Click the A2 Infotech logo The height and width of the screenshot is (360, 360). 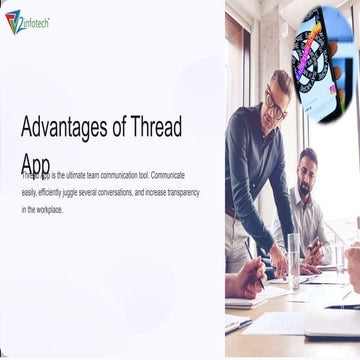click(27, 22)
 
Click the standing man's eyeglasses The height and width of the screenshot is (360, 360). click(275, 100)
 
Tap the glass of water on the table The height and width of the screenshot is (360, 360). click(292, 262)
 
